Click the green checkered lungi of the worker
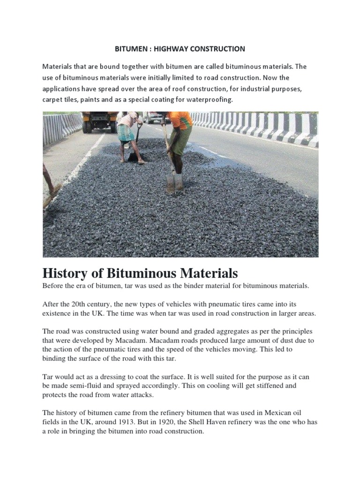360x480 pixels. [x=126, y=133]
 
